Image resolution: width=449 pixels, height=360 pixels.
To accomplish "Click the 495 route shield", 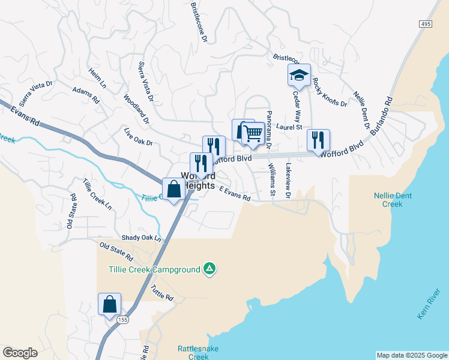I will pyautogui.click(x=426, y=23).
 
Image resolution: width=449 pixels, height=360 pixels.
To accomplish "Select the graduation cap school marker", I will pyautogui.click(x=299, y=76).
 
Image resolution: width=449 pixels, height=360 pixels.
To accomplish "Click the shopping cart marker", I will pyautogui.click(x=253, y=134).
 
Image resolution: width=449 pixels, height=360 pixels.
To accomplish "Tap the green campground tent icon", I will pyautogui.click(x=209, y=269).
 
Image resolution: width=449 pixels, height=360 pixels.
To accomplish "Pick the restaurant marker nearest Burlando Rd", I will pyautogui.click(x=318, y=140).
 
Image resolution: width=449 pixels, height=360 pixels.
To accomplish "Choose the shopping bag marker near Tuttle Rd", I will pyautogui.click(x=110, y=305).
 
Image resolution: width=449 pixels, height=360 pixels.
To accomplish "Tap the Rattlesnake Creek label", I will pyautogui.click(x=193, y=352).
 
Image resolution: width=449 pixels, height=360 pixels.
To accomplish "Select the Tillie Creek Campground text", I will pyautogui.click(x=154, y=270).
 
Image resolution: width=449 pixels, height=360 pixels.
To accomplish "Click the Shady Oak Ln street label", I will pyautogui.click(x=142, y=238).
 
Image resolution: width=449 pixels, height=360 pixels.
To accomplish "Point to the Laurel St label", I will pyautogui.click(x=289, y=127).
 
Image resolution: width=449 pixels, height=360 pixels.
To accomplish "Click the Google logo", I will pyautogui.click(x=20, y=353).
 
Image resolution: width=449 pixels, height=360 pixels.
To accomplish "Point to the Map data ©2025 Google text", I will pyautogui.click(x=411, y=355).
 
